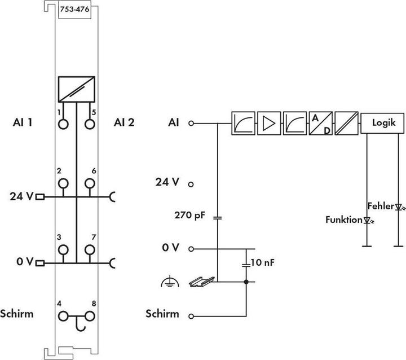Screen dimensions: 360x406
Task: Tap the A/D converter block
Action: (x=320, y=122)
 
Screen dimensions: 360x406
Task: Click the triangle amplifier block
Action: (x=268, y=122)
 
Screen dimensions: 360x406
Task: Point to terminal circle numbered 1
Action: (x=63, y=124)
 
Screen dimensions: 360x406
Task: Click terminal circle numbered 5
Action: (x=89, y=124)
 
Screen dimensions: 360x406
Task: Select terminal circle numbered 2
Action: (x=63, y=183)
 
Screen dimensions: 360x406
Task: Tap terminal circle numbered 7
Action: (x=89, y=249)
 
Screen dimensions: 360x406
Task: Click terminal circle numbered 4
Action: (x=63, y=316)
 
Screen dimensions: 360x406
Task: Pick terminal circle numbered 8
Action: (x=89, y=316)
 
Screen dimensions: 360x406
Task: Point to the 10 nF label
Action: (x=262, y=263)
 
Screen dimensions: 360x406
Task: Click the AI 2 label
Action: (x=124, y=122)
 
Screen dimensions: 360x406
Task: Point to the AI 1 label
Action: (x=23, y=122)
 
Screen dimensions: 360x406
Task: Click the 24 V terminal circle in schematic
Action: (x=191, y=184)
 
